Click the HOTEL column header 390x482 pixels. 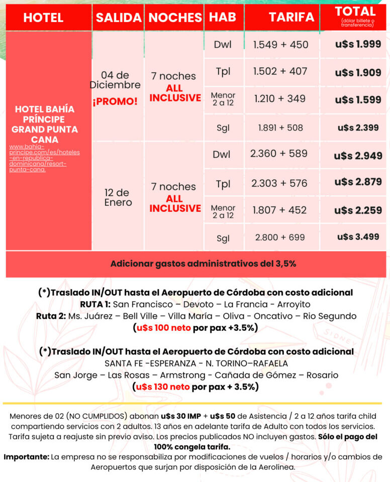coord(43,18)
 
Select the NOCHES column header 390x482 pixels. coord(175,18)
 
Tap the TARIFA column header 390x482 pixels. coord(291,17)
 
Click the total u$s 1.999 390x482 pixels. coord(358,44)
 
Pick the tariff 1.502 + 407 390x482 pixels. coord(280,71)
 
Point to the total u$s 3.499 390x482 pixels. coord(358,236)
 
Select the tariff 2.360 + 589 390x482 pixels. coord(280,154)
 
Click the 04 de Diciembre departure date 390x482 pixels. coord(115,80)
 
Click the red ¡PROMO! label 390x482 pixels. coord(115,101)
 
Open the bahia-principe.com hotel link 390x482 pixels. coord(44,158)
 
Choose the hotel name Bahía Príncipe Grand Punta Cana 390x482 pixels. coord(45,124)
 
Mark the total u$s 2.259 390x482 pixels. coord(358,210)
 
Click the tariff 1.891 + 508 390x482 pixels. coord(280,128)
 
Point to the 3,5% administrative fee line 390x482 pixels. coord(196,264)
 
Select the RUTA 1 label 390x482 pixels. coord(95,304)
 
